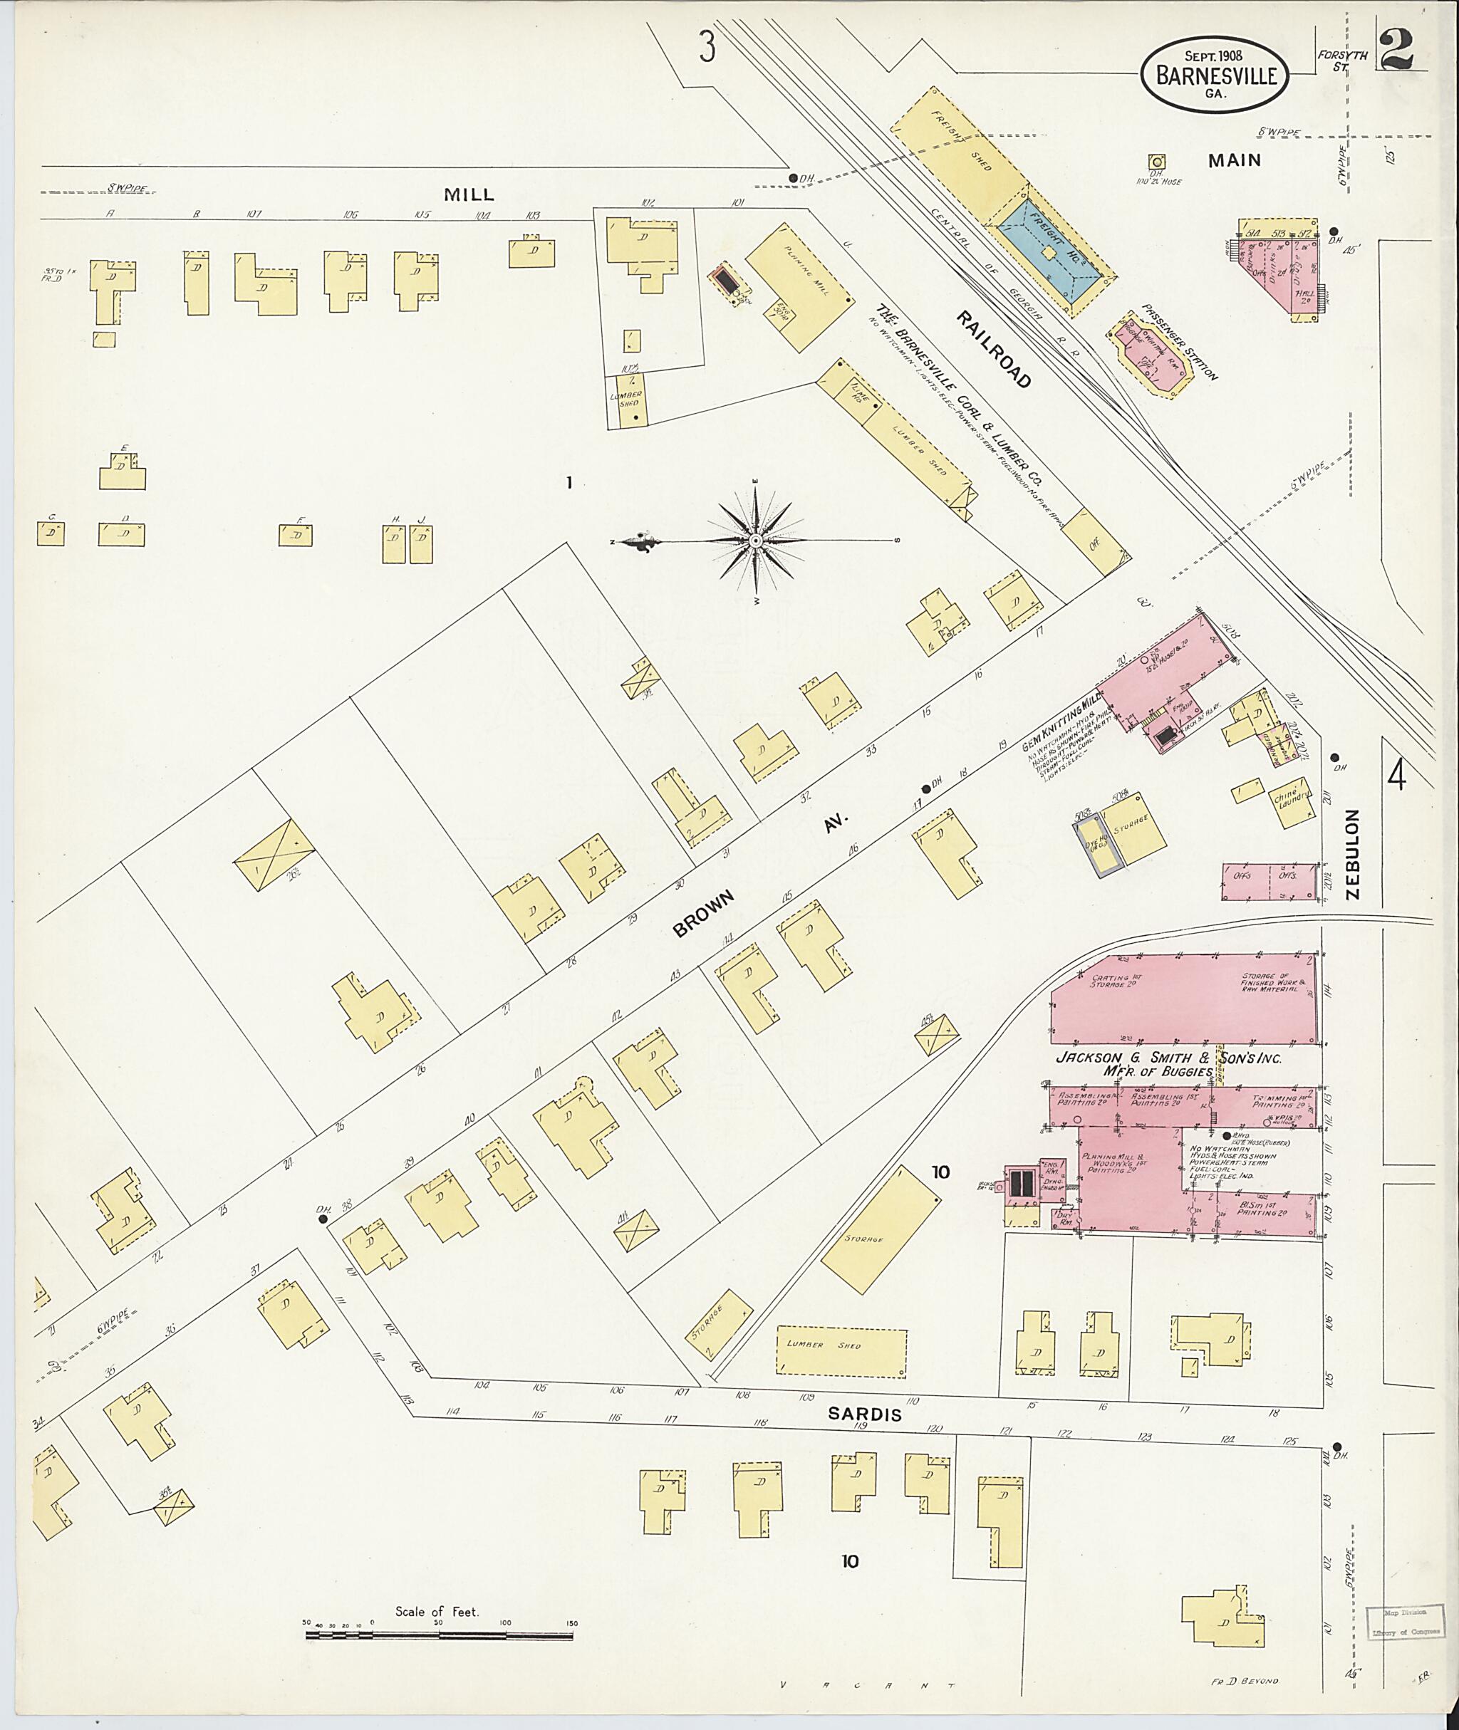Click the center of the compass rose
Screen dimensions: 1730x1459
click(755, 541)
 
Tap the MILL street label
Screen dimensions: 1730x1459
click(469, 194)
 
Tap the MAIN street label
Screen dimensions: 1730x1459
click(1234, 160)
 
